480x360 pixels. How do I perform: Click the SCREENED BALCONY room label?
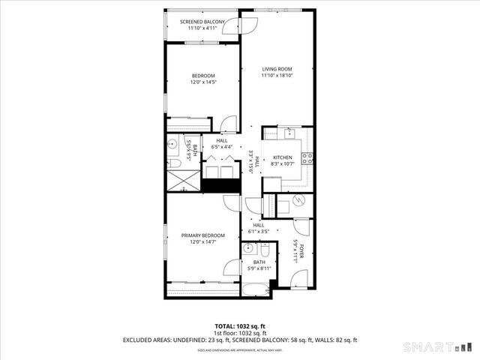pyautogui.click(x=202, y=22)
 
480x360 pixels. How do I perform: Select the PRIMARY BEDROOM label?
pyautogui.click(x=202, y=235)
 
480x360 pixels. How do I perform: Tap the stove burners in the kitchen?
pyautogui.click(x=306, y=157)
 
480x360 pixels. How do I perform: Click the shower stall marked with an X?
pyautogui.click(x=179, y=179)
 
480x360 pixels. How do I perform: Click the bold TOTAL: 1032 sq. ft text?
pyautogui.click(x=240, y=325)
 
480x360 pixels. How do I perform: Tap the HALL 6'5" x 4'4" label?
pyautogui.click(x=222, y=144)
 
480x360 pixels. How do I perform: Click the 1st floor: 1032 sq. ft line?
pyautogui.click(x=240, y=332)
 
